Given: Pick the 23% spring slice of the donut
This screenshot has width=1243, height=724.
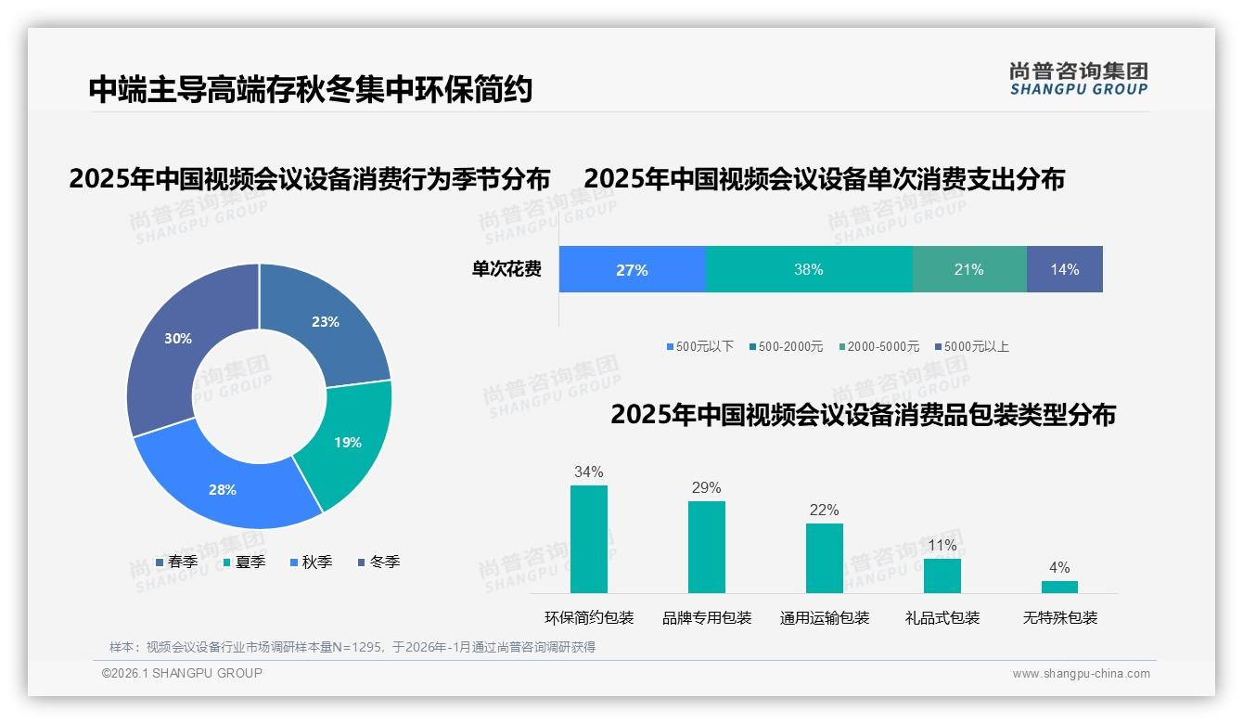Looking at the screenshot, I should [x=326, y=322].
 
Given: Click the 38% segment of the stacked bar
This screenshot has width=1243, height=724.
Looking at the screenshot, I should [x=809, y=269].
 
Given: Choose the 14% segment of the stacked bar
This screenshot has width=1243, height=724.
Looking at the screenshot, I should [x=1064, y=269].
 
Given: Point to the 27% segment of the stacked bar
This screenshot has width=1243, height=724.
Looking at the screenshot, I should [x=632, y=269].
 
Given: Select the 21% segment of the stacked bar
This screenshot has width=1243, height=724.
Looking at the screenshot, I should [x=968, y=269].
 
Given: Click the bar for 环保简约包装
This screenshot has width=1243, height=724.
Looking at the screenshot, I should [x=588, y=539].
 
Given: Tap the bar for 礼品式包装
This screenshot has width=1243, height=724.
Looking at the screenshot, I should [x=942, y=575].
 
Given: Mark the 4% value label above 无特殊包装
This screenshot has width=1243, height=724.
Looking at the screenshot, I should [x=1059, y=568].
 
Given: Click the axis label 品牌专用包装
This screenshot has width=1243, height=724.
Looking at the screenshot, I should [x=707, y=618].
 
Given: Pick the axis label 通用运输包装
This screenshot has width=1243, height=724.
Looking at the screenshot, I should [x=824, y=618].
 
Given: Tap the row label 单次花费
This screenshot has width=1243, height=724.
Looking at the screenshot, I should [x=506, y=269].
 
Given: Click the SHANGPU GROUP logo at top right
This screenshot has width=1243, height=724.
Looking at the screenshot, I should [x=1078, y=79].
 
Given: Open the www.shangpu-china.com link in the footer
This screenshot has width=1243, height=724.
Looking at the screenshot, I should [x=1081, y=674].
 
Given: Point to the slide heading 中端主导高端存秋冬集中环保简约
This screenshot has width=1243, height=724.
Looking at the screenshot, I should [x=311, y=90].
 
